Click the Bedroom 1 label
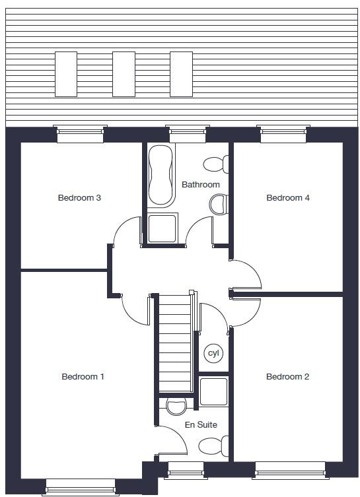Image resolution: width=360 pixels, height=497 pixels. point(83,377)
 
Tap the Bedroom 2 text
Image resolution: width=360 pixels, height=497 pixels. point(287,377)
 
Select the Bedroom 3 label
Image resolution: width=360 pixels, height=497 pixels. point(79,197)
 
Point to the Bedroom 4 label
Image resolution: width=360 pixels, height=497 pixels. point(287,197)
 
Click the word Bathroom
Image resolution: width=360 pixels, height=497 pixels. point(200,185)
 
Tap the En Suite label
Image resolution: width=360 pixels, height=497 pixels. point(201,425)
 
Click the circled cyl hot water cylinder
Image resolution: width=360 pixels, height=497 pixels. point(213,353)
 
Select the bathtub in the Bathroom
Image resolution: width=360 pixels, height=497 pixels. point(160,176)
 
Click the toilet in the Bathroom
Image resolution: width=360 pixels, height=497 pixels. point(216,164)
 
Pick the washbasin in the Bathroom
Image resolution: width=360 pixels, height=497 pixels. point(219,205)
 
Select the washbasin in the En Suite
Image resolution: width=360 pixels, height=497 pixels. point(176,407)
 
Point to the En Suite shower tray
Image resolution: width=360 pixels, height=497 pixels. point(213,392)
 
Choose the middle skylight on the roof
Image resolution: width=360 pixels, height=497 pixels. point(124,73)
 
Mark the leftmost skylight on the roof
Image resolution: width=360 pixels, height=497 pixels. point(66,73)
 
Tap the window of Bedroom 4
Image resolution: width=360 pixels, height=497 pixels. point(284,134)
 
